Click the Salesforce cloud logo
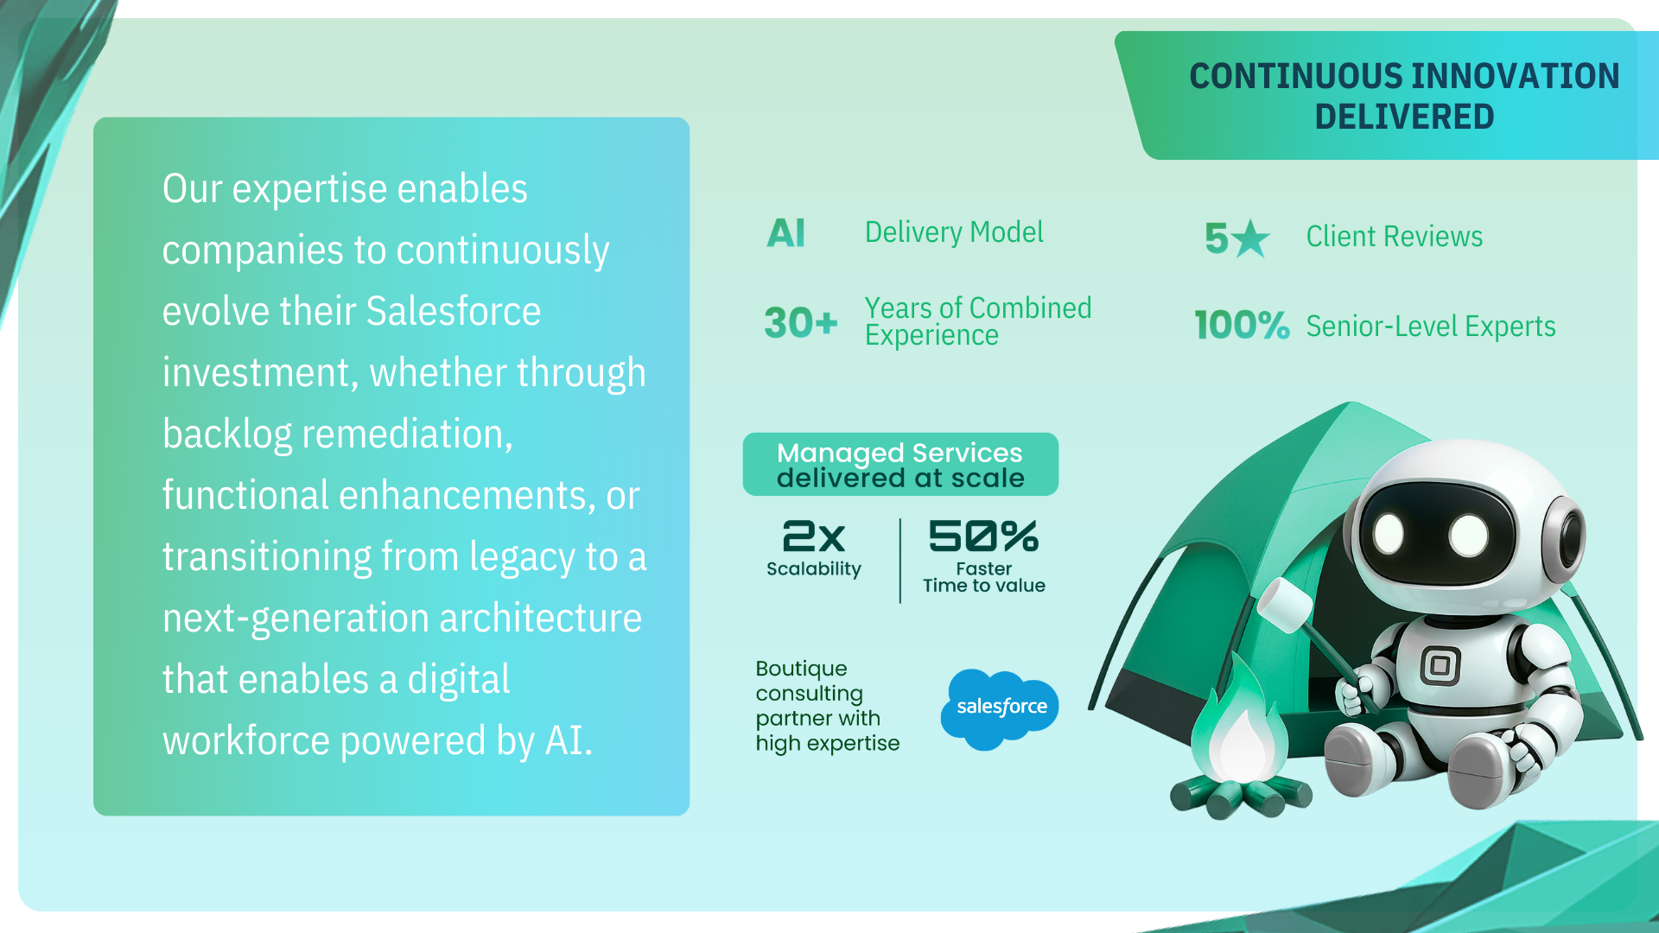1000,708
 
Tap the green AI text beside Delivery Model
786,233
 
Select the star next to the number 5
1250,238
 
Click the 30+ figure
801,323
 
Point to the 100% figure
1242,326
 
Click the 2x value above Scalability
813,536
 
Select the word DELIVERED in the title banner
1404,117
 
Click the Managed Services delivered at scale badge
900,465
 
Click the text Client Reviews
1394,237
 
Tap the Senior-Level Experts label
1430,327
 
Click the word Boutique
801,670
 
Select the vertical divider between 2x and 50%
900,561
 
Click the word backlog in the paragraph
227,434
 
